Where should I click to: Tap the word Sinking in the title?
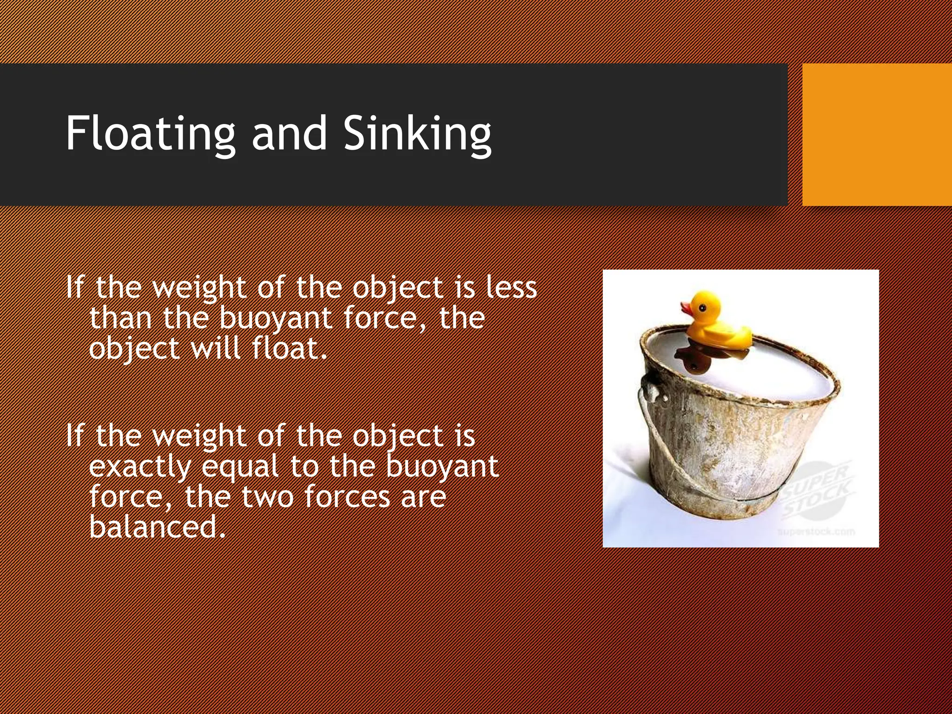pyautogui.click(x=417, y=134)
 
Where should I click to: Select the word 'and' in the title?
pyautogui.click(x=289, y=134)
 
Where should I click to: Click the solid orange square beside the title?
pyautogui.click(x=877, y=135)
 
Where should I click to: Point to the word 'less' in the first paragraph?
pyautogui.click(x=511, y=287)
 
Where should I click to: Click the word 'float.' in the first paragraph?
pyautogui.click(x=290, y=348)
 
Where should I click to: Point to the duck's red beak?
pyautogui.click(x=686, y=308)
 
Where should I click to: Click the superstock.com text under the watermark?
pyautogui.click(x=816, y=531)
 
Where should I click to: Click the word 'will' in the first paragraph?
pyautogui.click(x=215, y=348)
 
